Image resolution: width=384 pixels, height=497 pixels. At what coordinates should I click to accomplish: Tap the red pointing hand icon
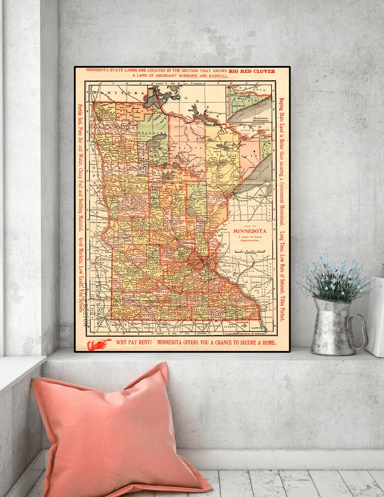click(99, 344)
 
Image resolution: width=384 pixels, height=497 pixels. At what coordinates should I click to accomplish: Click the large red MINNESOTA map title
click(250, 231)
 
